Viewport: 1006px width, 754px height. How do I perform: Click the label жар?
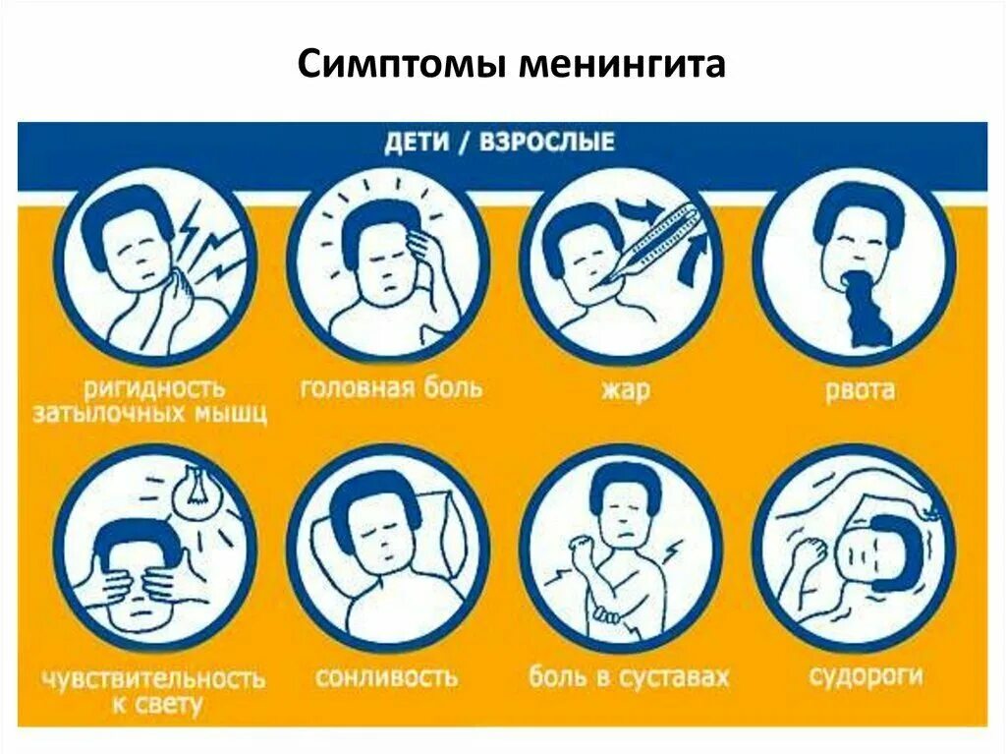click(623, 390)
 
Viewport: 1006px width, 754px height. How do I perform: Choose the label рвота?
click(861, 390)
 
